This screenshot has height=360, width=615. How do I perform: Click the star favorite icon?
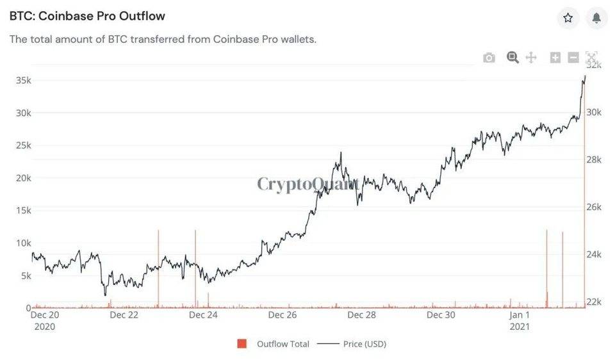568,18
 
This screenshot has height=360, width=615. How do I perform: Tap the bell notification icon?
596,18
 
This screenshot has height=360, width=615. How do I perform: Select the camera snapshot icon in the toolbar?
489,58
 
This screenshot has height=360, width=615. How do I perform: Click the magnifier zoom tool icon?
512,57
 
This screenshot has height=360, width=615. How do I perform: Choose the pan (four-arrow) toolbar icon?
531,58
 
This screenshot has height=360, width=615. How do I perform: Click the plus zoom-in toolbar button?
555,58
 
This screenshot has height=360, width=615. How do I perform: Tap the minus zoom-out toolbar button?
573,58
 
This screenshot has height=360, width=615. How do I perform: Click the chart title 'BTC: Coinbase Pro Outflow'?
87,16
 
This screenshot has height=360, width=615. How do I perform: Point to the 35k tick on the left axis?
23,81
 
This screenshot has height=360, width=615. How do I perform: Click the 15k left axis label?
23,211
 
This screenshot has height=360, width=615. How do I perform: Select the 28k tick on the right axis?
594,160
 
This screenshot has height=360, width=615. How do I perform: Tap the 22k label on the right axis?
594,302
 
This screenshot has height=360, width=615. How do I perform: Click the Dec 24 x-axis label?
203,315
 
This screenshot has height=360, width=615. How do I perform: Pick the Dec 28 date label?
361,315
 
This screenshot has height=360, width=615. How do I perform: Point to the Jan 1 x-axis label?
520,315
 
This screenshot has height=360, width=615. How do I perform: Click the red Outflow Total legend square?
242,344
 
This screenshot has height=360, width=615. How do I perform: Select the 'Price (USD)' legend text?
365,344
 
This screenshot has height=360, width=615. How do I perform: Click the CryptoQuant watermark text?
308,184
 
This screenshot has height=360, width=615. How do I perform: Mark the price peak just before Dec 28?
341,152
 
